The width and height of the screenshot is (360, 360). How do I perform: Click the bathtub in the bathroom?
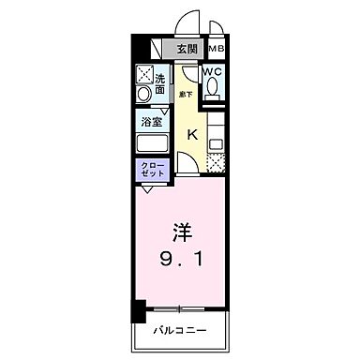153,143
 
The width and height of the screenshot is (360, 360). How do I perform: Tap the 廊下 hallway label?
186,94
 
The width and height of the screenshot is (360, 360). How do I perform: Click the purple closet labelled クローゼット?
152,172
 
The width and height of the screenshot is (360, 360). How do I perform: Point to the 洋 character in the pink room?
183,230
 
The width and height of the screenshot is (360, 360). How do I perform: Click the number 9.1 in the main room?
184,256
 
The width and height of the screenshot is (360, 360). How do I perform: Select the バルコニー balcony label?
182,331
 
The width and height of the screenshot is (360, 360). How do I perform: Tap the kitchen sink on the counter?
217,144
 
